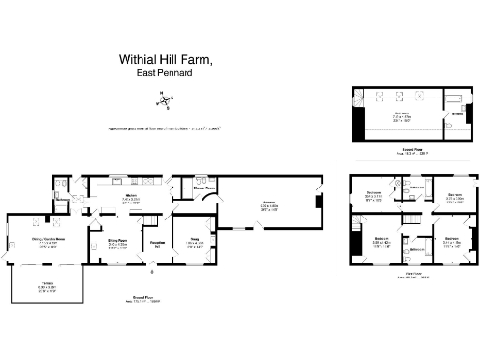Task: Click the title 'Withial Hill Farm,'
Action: pos(166,58)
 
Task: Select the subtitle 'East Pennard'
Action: pos(165,72)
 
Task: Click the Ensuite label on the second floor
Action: pos(456,114)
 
